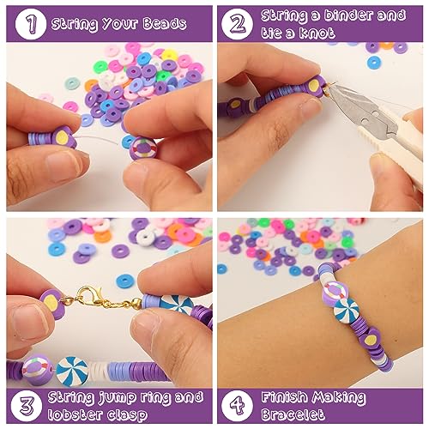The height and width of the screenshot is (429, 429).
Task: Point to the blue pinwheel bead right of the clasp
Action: pos(178,305)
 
